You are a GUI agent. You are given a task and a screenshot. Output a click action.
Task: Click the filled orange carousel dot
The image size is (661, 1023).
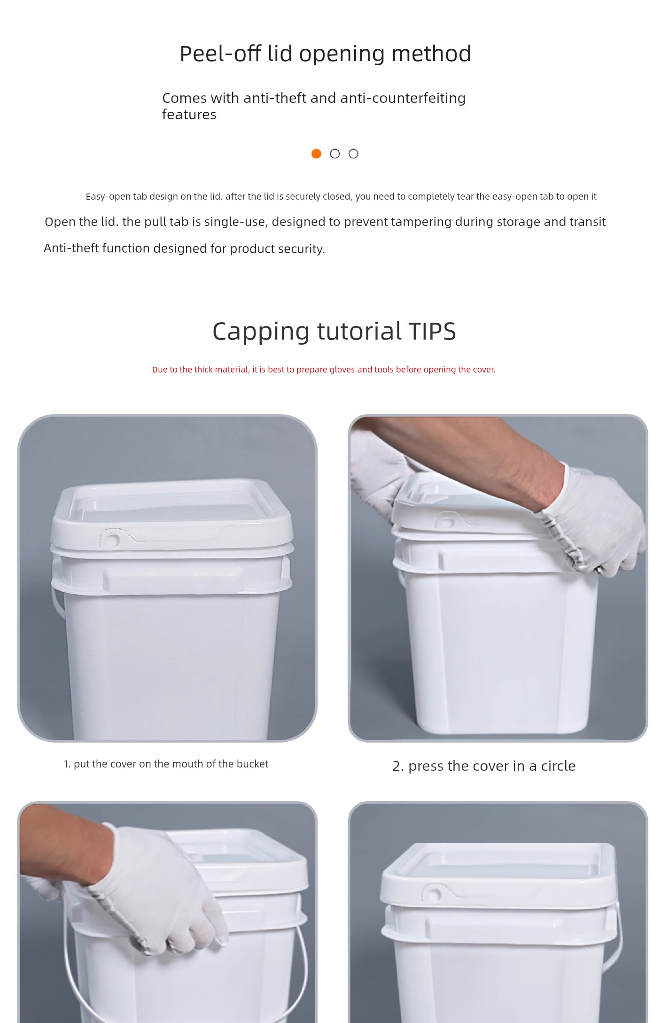point(316,154)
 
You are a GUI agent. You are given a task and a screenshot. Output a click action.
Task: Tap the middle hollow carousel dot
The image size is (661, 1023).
point(335,154)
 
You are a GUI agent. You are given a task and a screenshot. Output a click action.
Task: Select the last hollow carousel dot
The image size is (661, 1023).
point(354,154)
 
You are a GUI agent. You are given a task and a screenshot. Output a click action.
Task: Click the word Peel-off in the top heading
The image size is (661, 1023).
point(221,54)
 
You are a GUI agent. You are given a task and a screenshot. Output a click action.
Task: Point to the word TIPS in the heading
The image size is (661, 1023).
point(432,331)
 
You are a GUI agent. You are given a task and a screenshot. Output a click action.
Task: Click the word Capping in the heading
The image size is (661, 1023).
point(261,332)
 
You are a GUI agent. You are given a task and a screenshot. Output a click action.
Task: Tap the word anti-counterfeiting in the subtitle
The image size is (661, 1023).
point(403,98)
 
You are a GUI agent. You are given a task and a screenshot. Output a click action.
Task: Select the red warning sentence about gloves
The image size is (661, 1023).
point(324,370)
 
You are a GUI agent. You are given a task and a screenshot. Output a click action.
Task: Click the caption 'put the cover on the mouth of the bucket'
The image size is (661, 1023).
point(171,764)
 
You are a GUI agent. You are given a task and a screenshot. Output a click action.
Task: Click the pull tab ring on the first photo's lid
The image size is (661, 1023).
point(113,540)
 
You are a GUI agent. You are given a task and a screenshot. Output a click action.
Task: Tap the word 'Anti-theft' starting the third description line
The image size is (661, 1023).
point(71,248)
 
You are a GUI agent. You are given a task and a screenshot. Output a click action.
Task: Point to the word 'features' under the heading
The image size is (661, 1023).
point(189,115)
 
